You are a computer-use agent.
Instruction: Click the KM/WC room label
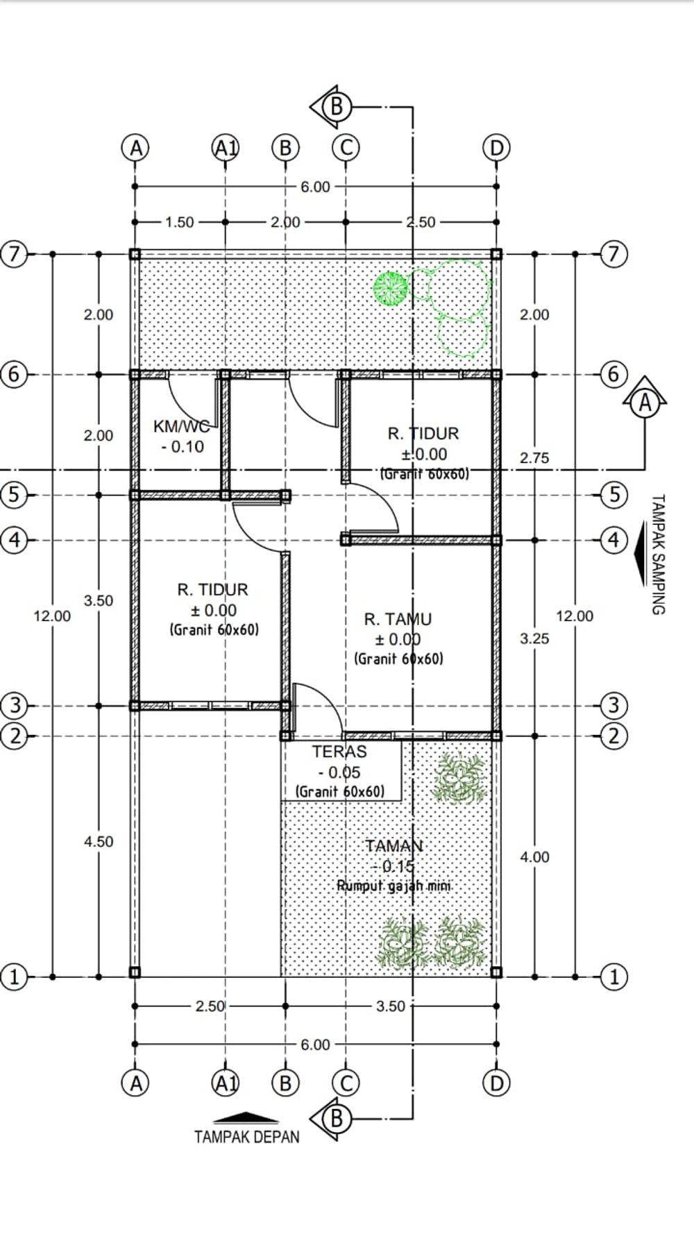point(181,426)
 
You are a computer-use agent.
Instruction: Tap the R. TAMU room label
point(398,619)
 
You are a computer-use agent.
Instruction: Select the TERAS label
point(339,752)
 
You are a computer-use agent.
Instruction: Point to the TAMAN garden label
point(394,846)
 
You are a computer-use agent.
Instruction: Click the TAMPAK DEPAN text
point(247,1137)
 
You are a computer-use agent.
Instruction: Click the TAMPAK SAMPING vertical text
point(658,554)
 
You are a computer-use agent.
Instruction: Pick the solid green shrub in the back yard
point(390,288)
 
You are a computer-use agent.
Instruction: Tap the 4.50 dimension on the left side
point(99,841)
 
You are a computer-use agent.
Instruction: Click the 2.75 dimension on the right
point(534,458)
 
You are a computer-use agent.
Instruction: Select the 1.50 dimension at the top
point(180,222)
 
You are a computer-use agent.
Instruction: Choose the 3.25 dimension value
point(534,639)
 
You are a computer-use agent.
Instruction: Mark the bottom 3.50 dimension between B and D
point(391,1006)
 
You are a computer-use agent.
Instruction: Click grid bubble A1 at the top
point(226,148)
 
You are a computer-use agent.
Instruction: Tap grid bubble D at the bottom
point(496,1083)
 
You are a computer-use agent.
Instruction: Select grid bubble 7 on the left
point(14,254)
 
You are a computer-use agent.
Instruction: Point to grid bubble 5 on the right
point(613,495)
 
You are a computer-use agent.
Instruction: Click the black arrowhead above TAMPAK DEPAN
point(246,1118)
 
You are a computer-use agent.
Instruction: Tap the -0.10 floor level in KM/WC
point(183,447)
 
